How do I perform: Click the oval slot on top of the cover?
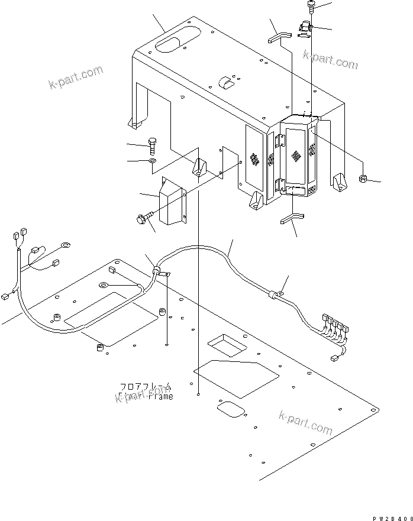point(171,44)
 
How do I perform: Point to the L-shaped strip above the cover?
point(278,38)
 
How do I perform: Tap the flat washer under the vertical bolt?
point(153,161)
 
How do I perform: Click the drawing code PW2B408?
point(392,516)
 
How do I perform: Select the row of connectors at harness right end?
point(336,326)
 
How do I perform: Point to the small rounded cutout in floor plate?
point(228,409)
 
